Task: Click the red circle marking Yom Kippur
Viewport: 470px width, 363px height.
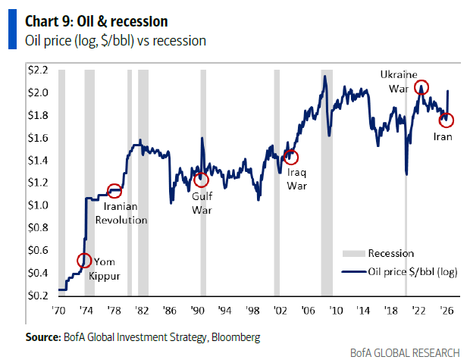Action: [84, 261]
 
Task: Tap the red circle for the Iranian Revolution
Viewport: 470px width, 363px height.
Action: [114, 191]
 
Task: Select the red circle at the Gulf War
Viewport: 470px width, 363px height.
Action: [201, 180]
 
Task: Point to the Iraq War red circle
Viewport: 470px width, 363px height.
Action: [290, 157]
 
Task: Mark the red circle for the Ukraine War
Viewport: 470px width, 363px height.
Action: [421, 87]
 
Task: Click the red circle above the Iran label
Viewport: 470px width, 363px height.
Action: [447, 120]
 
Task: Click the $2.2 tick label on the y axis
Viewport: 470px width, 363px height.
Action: [39, 70]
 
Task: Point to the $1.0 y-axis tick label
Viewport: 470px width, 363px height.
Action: [39, 205]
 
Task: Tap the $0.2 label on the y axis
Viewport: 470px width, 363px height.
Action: [39, 296]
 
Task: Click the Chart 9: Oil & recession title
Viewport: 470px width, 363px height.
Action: [97, 20]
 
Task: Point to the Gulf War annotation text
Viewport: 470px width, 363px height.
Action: [202, 202]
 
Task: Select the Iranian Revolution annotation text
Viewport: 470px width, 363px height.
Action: [121, 212]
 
